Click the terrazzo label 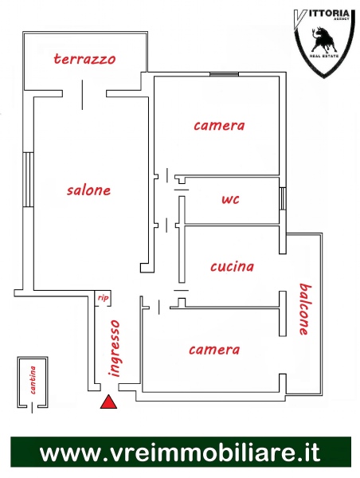(x=84, y=59)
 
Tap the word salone (x=88, y=190)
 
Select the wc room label (x=231, y=200)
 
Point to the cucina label (x=233, y=267)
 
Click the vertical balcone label (x=305, y=309)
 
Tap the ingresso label (x=115, y=348)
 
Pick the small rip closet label (x=103, y=298)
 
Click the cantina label (x=33, y=380)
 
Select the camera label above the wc (x=219, y=126)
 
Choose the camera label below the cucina (x=214, y=350)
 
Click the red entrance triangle (x=109, y=402)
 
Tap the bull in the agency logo (x=323, y=40)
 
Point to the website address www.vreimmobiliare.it (x=180, y=453)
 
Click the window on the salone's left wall (x=28, y=180)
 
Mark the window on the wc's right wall (x=283, y=198)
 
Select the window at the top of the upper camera (x=224, y=74)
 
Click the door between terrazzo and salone (x=82, y=95)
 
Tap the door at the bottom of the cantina (x=32, y=407)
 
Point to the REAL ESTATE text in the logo (x=324, y=57)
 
